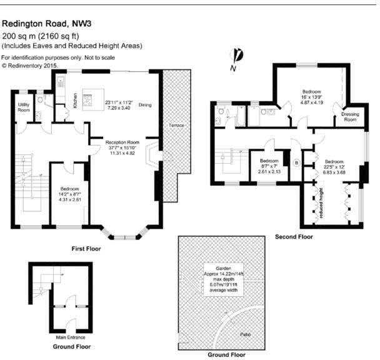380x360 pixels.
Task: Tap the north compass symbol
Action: (x=237, y=57)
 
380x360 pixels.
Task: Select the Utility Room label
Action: (x=24, y=107)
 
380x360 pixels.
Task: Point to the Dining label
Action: (x=145, y=105)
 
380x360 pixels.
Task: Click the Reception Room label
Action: (x=122, y=142)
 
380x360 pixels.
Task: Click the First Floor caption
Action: (x=87, y=248)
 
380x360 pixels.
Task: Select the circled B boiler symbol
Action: (x=297, y=162)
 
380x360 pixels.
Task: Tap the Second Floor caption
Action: (x=294, y=237)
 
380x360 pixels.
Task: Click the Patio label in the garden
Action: (x=247, y=334)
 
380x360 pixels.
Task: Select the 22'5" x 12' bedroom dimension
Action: (x=333, y=167)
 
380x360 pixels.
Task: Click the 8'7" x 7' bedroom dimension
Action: (x=270, y=165)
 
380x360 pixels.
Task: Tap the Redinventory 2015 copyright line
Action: (x=30, y=64)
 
